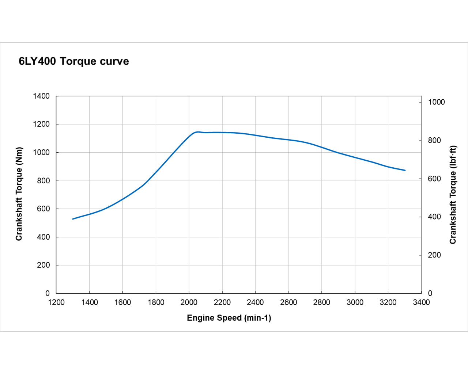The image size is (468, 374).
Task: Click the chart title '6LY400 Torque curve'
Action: (x=74, y=61)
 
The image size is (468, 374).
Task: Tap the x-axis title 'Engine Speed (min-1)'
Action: (x=229, y=318)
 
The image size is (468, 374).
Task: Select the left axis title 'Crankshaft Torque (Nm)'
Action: (x=19, y=194)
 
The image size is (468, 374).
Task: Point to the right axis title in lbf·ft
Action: (x=453, y=195)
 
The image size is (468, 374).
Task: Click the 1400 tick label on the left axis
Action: (x=41, y=96)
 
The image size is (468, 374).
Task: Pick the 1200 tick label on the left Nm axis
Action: (x=41, y=124)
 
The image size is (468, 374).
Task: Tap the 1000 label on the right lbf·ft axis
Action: (x=436, y=102)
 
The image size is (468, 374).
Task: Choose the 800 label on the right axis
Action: (x=434, y=141)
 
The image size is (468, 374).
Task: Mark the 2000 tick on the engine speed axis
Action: (x=189, y=302)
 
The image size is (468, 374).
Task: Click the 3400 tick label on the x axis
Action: (x=421, y=302)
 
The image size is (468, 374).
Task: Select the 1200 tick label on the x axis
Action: (x=56, y=302)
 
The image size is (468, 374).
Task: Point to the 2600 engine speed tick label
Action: (x=288, y=302)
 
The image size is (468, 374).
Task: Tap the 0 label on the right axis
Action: (x=430, y=293)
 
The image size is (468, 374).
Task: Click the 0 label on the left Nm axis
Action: (x=48, y=293)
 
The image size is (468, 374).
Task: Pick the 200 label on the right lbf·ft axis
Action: (x=434, y=255)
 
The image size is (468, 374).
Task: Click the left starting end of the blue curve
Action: (x=73, y=219)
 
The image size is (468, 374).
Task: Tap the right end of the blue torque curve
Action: (x=405, y=170)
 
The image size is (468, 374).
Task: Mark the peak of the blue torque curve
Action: (x=198, y=132)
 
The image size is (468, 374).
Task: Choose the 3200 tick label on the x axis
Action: (x=388, y=302)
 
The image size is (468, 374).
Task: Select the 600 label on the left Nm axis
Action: (x=43, y=209)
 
